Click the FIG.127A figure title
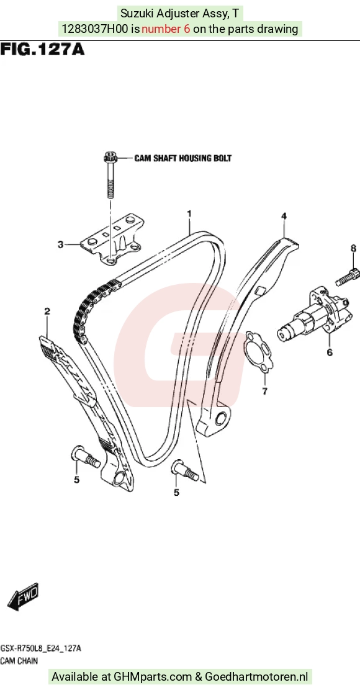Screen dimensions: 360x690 [42, 49]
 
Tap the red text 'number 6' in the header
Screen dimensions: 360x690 [166, 29]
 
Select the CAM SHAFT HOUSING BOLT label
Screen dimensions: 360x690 [182, 158]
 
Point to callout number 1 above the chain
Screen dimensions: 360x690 [189, 214]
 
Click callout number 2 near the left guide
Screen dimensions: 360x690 [47, 311]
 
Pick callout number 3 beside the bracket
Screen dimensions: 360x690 [60, 244]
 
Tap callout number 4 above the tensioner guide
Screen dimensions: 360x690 [284, 216]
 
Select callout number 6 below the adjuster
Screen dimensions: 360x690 [330, 352]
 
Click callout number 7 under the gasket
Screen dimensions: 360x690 [264, 391]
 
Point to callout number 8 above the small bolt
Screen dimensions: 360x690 [353, 249]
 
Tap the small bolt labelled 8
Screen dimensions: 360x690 [348, 277]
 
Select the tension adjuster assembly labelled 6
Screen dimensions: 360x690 [315, 315]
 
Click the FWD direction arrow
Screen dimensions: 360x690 [24, 597]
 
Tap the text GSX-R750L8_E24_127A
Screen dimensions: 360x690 [40, 648]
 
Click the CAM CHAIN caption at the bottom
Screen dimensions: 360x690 [19, 660]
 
